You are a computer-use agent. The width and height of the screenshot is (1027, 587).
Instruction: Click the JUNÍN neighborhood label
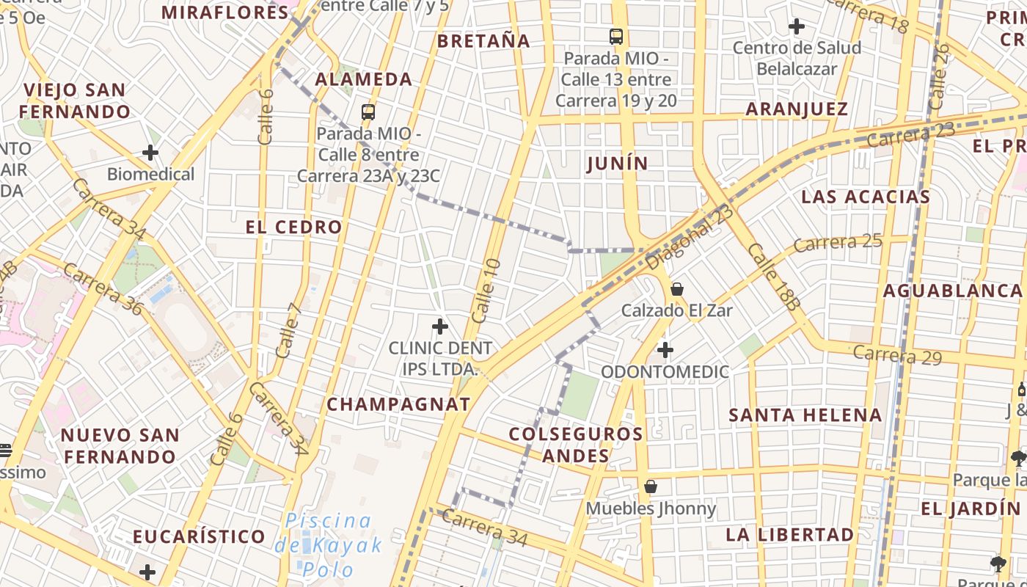[618, 163]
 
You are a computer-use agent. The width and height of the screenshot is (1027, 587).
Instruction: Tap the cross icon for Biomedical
[150, 153]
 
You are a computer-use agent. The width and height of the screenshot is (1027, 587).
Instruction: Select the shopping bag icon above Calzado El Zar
[677, 288]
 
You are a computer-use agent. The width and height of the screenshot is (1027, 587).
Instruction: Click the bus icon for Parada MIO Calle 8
[368, 112]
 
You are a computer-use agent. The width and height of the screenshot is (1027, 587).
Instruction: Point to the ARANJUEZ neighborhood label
[797, 109]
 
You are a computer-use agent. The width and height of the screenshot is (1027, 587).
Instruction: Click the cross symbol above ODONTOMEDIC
[665, 350]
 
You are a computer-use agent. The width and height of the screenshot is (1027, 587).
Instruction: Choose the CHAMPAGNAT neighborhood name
[398, 404]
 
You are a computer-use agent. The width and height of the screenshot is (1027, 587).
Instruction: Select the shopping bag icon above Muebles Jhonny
[650, 486]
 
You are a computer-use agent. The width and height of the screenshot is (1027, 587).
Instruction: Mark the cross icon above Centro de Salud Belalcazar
[796, 27]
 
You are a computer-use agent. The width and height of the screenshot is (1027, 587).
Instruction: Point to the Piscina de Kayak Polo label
[329, 545]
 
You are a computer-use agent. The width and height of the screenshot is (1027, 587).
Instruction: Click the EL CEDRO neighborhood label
[294, 227]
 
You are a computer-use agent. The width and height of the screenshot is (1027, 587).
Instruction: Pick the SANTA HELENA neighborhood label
[805, 415]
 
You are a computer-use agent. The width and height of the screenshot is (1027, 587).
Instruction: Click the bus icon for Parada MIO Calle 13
[616, 36]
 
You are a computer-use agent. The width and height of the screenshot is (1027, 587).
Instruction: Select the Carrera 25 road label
[838, 242]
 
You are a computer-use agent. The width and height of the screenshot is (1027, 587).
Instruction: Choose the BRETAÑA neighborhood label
[483, 41]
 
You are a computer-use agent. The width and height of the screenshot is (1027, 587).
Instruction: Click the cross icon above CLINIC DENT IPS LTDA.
[440, 327]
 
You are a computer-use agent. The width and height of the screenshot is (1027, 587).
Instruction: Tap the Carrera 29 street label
[896, 355]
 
